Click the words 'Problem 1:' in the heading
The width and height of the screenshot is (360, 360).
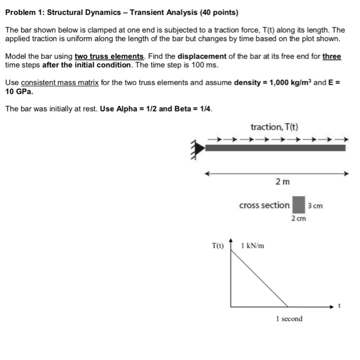[x=24, y=11]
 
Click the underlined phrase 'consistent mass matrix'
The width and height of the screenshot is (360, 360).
[x=60, y=83]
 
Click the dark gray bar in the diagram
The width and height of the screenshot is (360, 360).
[x=275, y=148]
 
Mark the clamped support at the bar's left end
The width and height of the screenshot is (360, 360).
[x=197, y=149]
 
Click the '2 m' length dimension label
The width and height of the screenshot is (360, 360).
[x=282, y=182]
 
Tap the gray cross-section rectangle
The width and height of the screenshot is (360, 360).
[x=298, y=205]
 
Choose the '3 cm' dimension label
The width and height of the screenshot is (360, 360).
[x=315, y=206]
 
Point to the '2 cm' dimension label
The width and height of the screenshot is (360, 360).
[x=298, y=219]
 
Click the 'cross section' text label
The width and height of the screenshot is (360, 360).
[x=264, y=205]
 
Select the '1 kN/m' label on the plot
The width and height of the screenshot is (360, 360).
[x=252, y=246]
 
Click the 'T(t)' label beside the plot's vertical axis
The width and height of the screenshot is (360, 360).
[x=218, y=246]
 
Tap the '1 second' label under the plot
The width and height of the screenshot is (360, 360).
[x=289, y=319]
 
